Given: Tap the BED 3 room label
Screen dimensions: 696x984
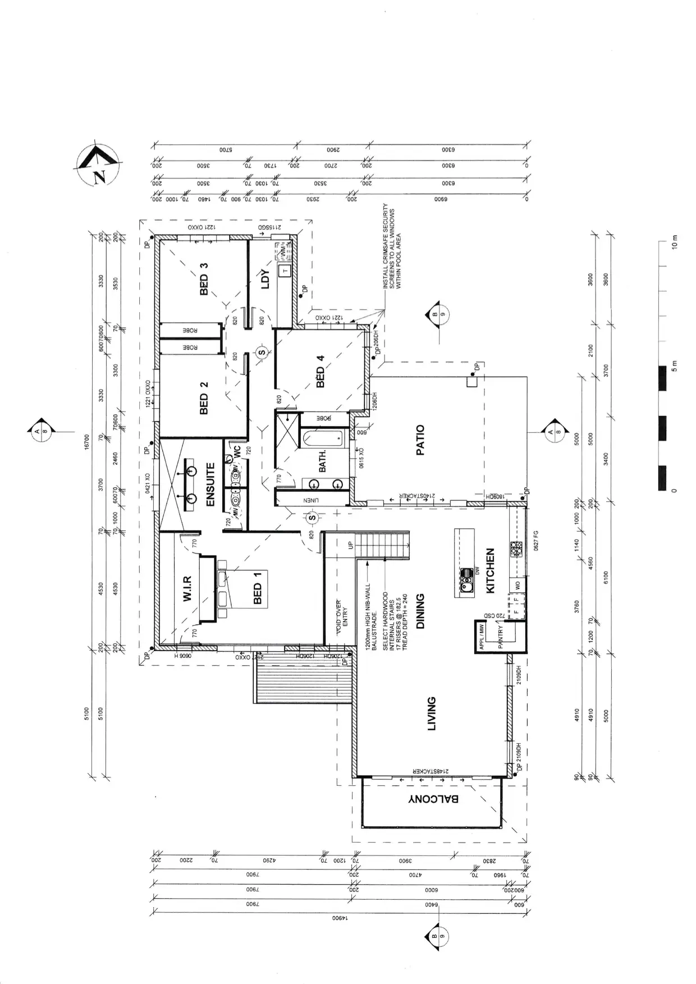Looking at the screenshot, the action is coord(204,276).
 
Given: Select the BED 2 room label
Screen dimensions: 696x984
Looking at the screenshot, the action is coord(204,397).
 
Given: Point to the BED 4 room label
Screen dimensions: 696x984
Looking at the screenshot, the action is coord(320,371).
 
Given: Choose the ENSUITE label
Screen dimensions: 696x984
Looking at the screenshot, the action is coord(210,484).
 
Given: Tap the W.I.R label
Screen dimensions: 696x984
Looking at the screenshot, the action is coord(188,588).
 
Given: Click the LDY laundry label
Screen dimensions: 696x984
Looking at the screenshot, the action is coord(265,279).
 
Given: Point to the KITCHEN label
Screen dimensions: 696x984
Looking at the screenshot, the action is coord(490,570).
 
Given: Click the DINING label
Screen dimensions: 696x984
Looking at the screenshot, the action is coord(420,611).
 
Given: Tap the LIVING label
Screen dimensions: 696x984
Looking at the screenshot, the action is coord(432,713).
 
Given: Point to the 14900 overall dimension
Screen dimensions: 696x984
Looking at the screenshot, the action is coord(340,919).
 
